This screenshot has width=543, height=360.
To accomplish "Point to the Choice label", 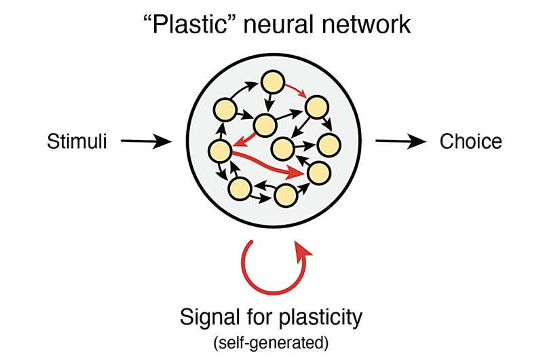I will point(470,141).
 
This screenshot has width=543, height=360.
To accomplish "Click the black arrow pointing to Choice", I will point(400,141).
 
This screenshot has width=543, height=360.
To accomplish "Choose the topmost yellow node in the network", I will point(273,82).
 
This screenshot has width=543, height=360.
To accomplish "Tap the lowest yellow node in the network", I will point(286,196).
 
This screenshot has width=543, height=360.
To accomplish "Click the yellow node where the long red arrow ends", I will point(318,174).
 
